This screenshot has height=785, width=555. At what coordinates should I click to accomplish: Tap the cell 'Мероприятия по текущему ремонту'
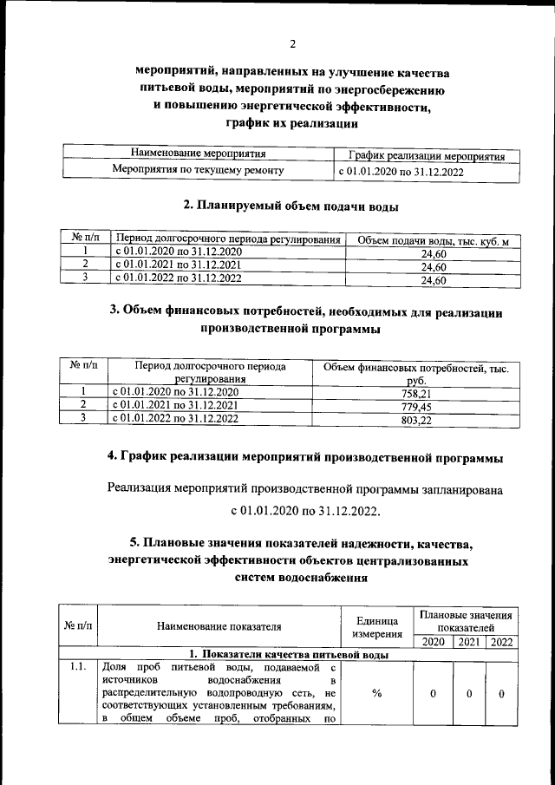click(199, 170)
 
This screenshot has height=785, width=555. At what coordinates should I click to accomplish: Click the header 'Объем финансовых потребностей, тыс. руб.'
click(415, 374)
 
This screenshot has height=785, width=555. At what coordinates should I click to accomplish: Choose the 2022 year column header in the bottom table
click(501, 642)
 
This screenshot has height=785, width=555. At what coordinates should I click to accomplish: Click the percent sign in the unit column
click(376, 693)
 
